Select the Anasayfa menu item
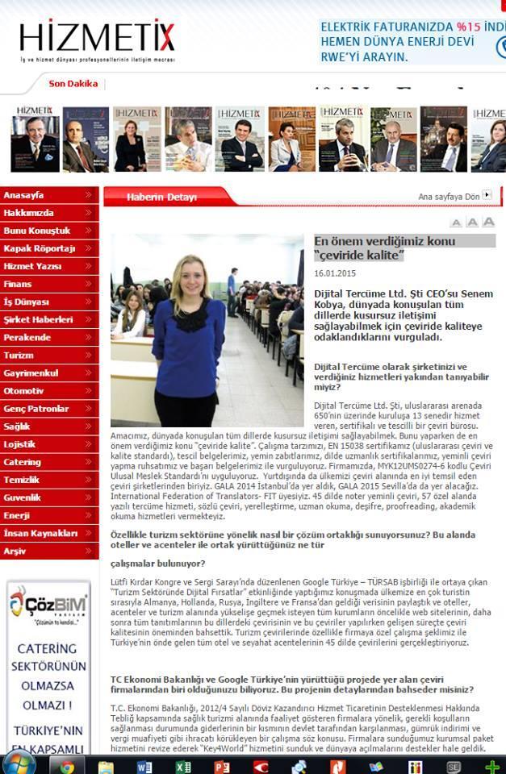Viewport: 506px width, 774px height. click(x=24, y=196)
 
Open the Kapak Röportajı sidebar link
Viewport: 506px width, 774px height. click(x=40, y=248)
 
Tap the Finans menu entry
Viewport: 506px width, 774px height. click(x=18, y=284)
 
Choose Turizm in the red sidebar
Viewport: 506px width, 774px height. click(x=19, y=356)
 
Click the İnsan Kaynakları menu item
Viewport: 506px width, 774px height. click(x=41, y=533)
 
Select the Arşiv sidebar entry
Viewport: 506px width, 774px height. click(x=15, y=551)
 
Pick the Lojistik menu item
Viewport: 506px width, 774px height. click(x=20, y=444)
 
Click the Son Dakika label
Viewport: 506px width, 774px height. click(x=73, y=84)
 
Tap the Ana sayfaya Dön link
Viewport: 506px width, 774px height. click(x=450, y=197)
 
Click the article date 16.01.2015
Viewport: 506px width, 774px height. click(x=334, y=274)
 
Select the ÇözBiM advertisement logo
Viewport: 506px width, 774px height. click(x=48, y=605)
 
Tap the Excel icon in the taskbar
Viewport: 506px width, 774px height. click(x=184, y=766)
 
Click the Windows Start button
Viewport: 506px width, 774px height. click(x=19, y=764)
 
